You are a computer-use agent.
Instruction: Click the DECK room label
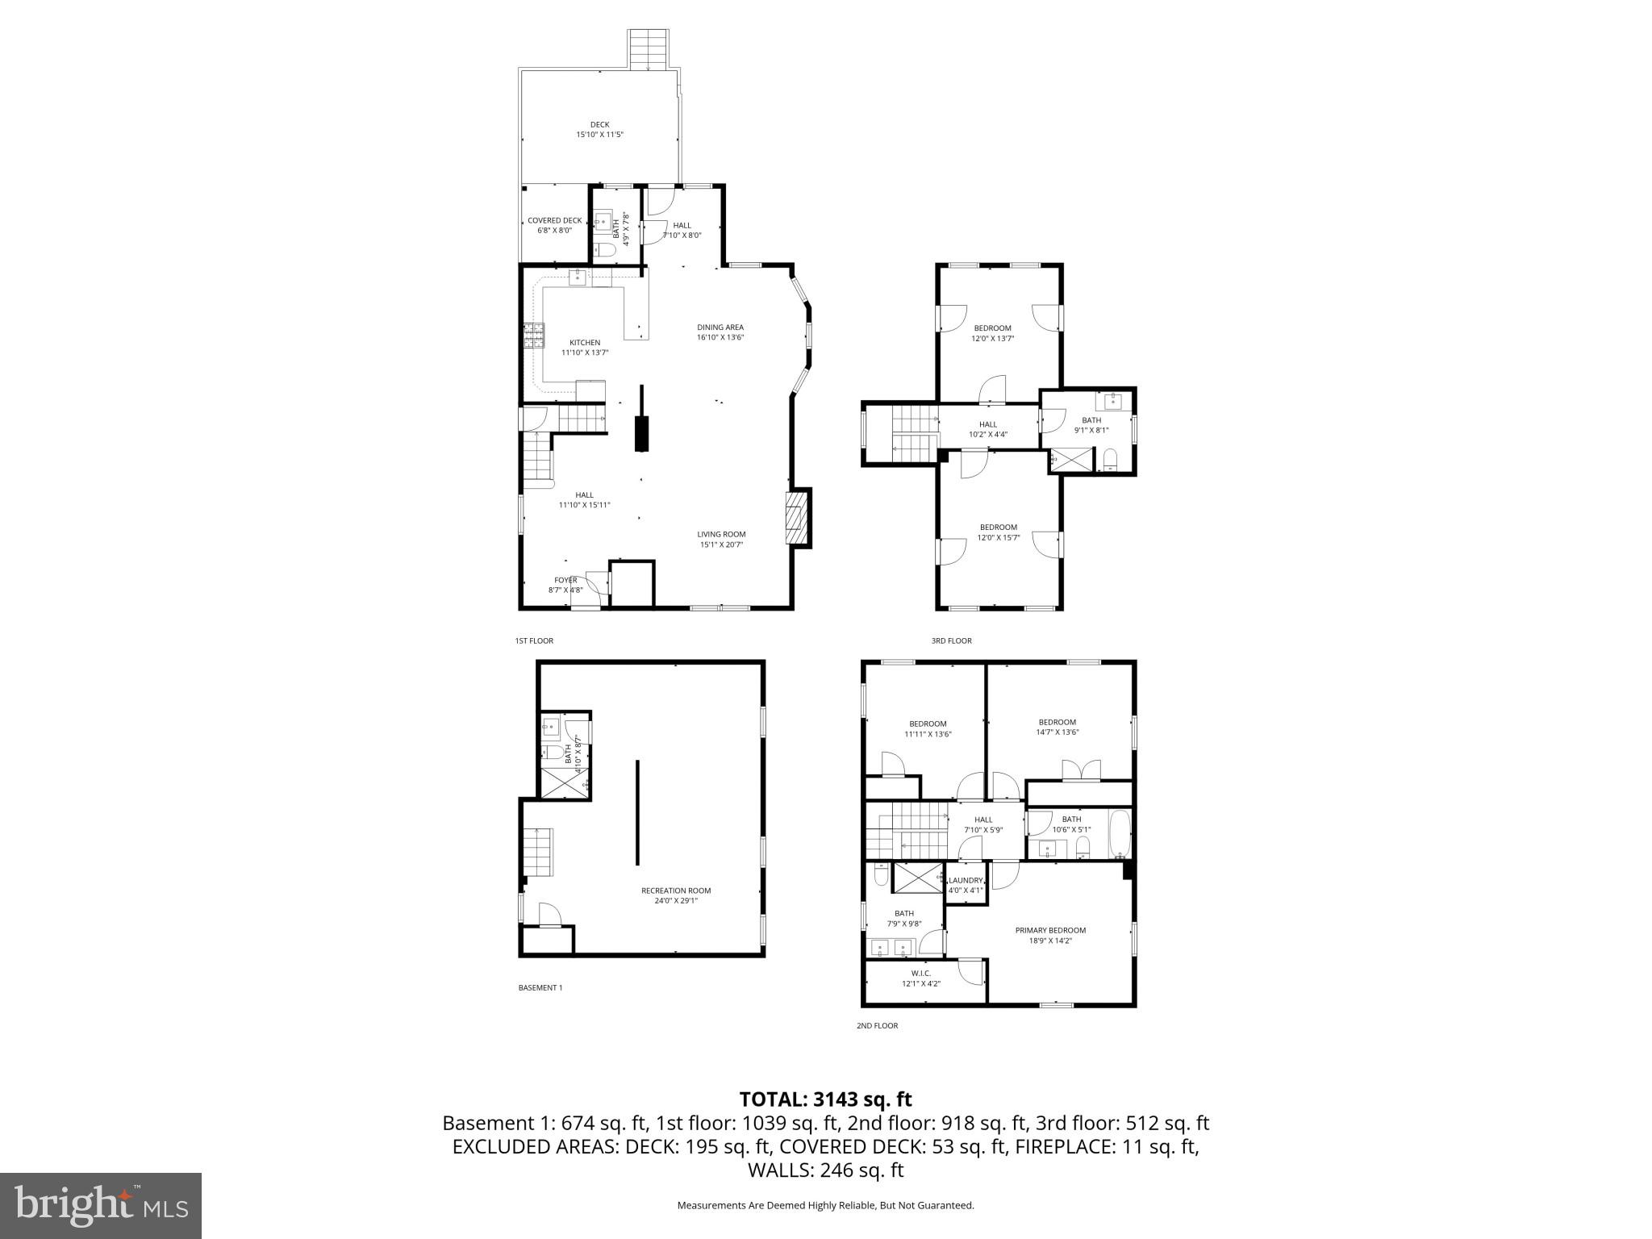[x=599, y=124]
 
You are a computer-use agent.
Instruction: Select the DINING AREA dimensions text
[x=720, y=337]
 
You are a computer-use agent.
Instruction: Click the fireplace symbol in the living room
[x=795, y=519]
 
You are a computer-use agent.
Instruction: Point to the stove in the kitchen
[x=533, y=335]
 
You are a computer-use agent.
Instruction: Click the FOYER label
[x=565, y=580]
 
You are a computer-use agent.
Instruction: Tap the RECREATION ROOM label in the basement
[x=676, y=891]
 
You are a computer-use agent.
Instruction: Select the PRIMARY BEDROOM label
[x=1050, y=930]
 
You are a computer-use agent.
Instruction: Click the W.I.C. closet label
[x=921, y=974]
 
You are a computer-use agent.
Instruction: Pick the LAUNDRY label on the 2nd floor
[x=966, y=881]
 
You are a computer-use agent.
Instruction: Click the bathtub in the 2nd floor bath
[x=1120, y=834]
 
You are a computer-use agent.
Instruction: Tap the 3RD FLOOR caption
[x=951, y=640]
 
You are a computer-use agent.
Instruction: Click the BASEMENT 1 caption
[x=540, y=987]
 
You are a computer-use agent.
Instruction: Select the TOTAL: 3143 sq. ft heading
[x=825, y=1099]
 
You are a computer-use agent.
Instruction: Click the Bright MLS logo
[x=101, y=1206]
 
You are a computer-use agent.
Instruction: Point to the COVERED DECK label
[x=554, y=221]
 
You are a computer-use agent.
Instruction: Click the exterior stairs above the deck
[x=649, y=49]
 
